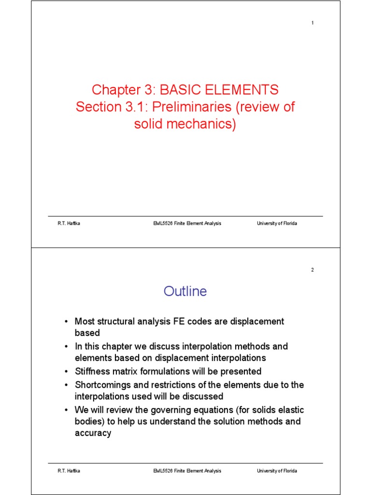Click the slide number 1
pos(313,23)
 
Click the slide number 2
pos(313,270)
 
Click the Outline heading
pos(185,291)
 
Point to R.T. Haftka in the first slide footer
pos(66,223)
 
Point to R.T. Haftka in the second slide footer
pos(66,471)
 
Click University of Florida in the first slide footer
pos(277,223)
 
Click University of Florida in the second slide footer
pos(277,471)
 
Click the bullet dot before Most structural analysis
pos(66,321)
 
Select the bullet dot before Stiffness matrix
pos(66,372)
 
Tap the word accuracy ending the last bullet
pos(93,433)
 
